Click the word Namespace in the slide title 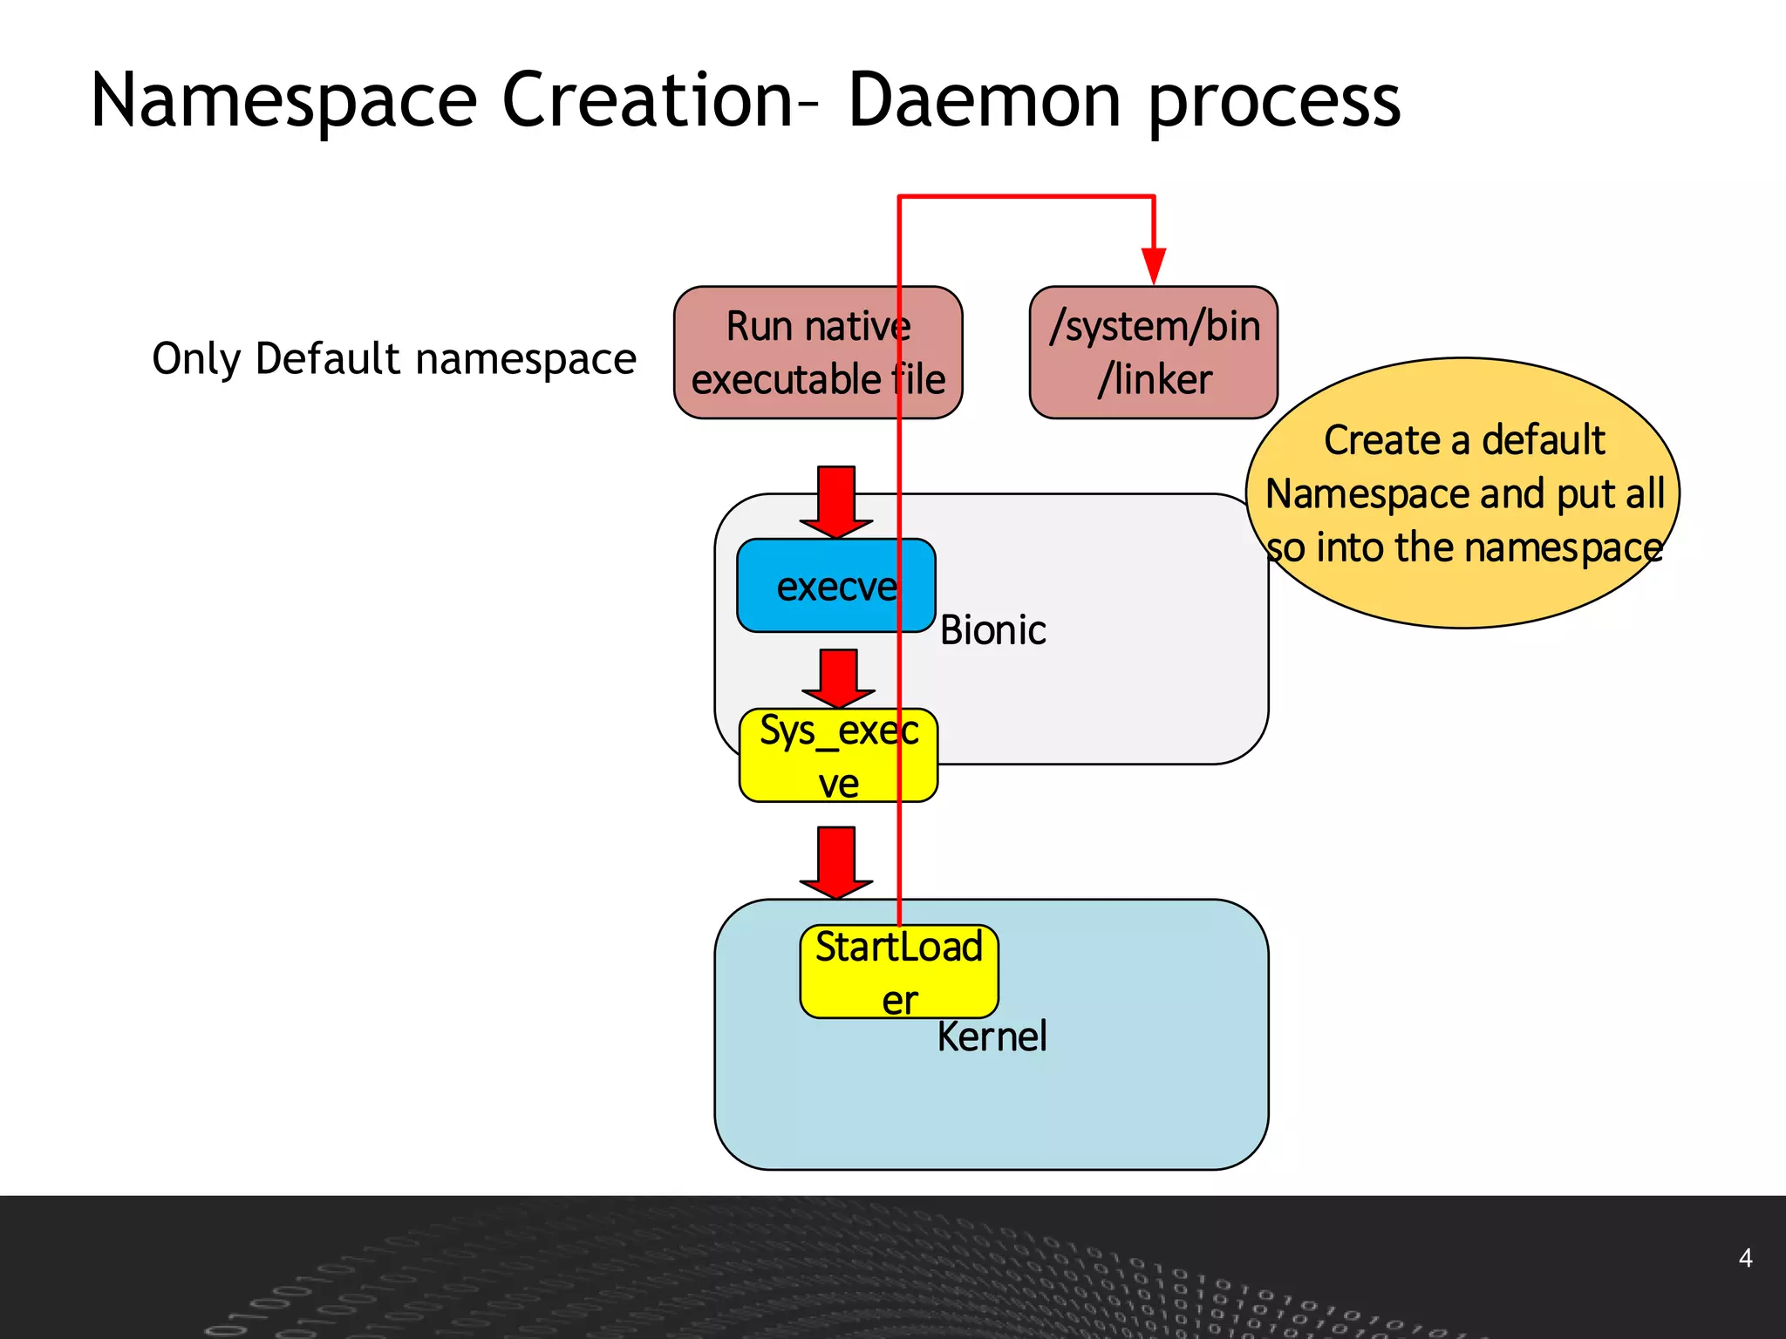click(x=283, y=102)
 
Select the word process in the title click(x=1274, y=102)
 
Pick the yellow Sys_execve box click(x=820, y=756)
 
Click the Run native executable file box click(x=785, y=352)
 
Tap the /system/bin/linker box click(x=1154, y=352)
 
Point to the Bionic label click(x=992, y=630)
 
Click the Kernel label click(x=992, y=1037)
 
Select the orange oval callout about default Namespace click(x=1463, y=493)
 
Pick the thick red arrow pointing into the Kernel click(x=835, y=862)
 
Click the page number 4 click(x=1745, y=1258)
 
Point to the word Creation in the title click(x=646, y=102)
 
